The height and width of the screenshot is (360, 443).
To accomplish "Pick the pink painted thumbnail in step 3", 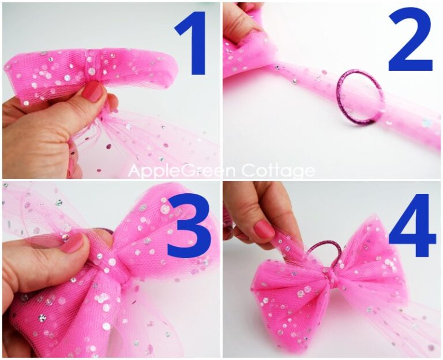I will tap(73, 242).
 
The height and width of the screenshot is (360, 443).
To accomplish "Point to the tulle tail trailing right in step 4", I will tap(415, 329).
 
